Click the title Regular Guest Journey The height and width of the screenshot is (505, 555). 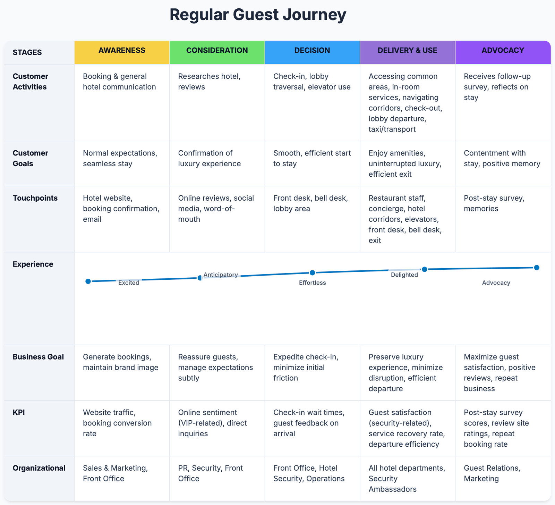point(258,15)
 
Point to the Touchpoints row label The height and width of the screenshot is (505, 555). point(35,198)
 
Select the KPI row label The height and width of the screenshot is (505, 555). point(19,413)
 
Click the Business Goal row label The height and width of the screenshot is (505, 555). point(38,357)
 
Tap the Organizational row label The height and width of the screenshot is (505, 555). point(39,468)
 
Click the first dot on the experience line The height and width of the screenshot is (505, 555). point(88,281)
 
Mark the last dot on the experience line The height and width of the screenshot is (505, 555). point(537,268)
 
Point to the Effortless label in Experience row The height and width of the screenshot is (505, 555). point(313,283)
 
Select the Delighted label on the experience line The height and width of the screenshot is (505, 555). point(404,275)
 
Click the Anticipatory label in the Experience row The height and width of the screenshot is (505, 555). point(221,275)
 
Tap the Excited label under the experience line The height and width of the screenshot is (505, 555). point(129,283)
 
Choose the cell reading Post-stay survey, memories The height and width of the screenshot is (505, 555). point(494,203)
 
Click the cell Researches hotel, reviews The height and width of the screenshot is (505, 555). point(209,82)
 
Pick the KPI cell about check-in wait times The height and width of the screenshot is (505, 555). point(309,423)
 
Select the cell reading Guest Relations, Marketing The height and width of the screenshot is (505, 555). point(492,473)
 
